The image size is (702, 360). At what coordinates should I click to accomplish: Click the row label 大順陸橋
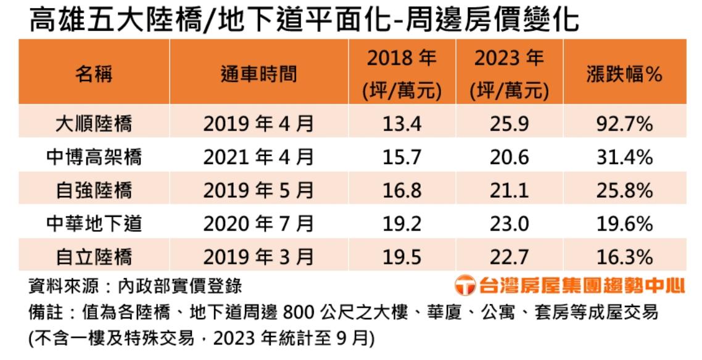pos(94,125)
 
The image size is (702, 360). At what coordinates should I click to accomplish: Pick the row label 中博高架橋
pos(94,158)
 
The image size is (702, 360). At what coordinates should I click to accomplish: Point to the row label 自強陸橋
pos(94,190)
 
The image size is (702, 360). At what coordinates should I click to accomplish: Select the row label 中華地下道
pos(94,223)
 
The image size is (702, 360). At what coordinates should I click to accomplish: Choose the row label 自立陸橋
pos(94,256)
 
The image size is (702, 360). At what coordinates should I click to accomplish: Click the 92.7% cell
pos(624,125)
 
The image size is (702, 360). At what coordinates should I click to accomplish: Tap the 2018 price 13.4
pos(402,125)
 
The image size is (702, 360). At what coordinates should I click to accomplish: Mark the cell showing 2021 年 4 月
pos(259,158)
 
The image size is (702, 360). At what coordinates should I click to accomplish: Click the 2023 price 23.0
pos(510,223)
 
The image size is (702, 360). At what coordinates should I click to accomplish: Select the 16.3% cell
pos(624,256)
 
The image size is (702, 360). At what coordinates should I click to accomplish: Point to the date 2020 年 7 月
pos(259,223)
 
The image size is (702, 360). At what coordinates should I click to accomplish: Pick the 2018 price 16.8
pos(402,190)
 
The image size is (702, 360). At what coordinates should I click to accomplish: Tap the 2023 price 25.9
pos(510,125)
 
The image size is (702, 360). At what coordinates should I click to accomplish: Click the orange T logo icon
pos(465,286)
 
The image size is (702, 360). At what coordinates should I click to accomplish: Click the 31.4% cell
pos(624,158)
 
